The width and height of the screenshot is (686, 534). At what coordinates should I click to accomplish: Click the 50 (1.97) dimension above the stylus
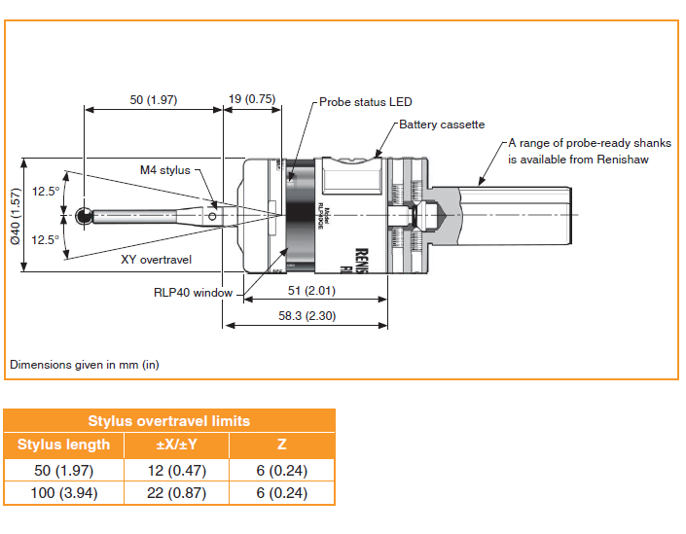click(154, 99)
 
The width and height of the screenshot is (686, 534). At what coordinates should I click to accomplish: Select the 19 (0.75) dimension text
click(252, 99)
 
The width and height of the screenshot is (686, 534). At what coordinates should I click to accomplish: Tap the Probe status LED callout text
click(366, 101)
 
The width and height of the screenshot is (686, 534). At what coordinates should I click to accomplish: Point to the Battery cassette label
click(442, 125)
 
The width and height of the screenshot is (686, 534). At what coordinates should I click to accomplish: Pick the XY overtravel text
click(157, 260)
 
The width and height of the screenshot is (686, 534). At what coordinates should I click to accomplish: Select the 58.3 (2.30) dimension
click(306, 316)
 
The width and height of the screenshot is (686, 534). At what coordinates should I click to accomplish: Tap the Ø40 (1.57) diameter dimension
click(17, 217)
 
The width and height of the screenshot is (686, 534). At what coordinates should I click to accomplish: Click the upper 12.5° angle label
click(46, 191)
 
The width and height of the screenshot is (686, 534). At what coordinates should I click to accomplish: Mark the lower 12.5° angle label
click(46, 238)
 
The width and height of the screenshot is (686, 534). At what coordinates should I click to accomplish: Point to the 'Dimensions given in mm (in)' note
click(85, 365)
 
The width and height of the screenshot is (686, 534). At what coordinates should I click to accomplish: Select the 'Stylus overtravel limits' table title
click(169, 421)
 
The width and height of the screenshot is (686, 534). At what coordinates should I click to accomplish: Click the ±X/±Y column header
click(176, 445)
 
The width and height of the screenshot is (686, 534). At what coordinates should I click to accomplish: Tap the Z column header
click(281, 445)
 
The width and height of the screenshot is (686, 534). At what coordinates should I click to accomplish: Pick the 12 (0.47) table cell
click(176, 470)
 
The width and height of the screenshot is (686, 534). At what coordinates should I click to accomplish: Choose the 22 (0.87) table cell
click(176, 493)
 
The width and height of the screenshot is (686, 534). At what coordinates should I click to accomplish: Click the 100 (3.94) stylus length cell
click(64, 493)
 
